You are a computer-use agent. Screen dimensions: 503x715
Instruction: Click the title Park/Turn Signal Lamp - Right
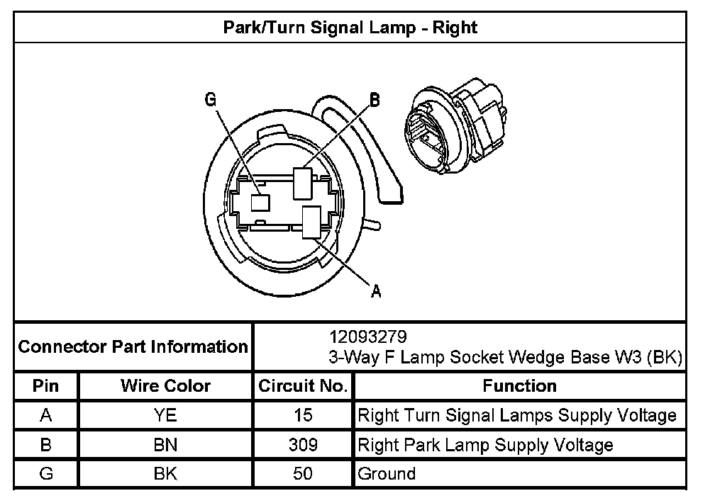pos(350,28)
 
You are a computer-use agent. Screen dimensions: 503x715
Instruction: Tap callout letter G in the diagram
pos(211,100)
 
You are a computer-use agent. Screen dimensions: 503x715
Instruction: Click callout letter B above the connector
pos(375,100)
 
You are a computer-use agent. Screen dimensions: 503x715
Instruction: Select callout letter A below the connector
pos(376,290)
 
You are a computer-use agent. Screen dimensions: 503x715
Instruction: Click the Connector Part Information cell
pos(133,347)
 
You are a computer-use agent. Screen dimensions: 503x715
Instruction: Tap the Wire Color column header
pos(165,386)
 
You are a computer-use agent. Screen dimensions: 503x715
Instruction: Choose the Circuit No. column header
pos(303,386)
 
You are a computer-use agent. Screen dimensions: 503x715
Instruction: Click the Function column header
pos(519,386)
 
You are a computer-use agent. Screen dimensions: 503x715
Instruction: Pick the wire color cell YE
pos(165,415)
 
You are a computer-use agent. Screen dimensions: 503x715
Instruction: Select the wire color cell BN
pos(165,445)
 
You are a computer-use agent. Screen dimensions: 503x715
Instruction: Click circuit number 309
pos(303,445)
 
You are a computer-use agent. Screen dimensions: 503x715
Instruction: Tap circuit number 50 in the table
pos(303,473)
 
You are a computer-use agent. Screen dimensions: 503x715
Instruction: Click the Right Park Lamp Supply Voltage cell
pos(486,445)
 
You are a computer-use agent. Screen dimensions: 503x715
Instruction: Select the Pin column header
pos(46,386)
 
